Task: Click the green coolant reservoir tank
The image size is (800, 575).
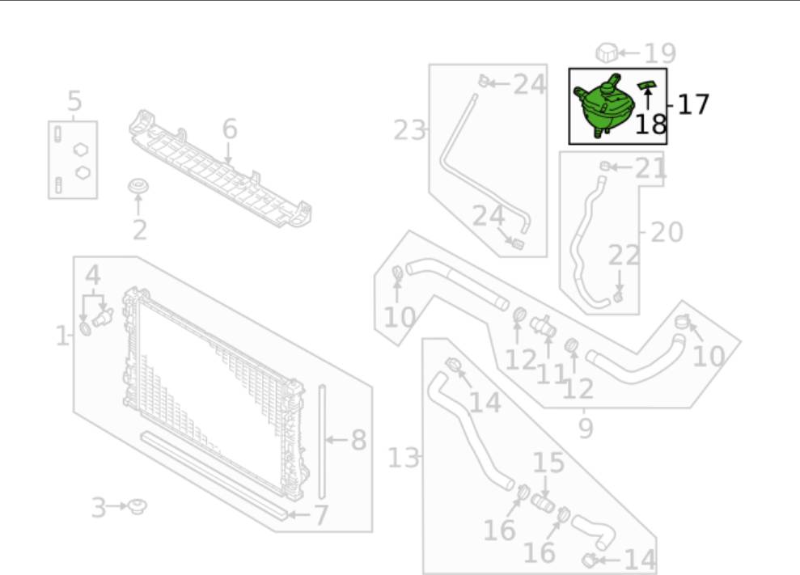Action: [603, 104]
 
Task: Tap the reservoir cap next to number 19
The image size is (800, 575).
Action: [607, 53]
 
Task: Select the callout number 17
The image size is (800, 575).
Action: [693, 104]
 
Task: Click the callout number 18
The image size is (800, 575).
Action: [650, 124]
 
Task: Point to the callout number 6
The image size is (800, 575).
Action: [230, 128]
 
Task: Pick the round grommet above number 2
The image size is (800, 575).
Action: [140, 188]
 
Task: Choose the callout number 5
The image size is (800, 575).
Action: [74, 102]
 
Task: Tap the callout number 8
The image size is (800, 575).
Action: [358, 440]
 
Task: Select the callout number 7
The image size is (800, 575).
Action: [320, 514]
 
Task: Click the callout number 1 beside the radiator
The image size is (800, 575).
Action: [62, 335]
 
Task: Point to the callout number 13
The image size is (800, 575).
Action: [403, 459]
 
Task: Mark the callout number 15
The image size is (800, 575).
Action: [548, 463]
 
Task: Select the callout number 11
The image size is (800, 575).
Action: [550, 374]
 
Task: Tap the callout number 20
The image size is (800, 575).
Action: [667, 232]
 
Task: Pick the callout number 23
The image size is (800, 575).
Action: [409, 129]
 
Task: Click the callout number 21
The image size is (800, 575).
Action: [651, 168]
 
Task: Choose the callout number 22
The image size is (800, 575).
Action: [624, 257]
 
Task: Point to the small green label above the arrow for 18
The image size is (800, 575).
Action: [646, 84]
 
